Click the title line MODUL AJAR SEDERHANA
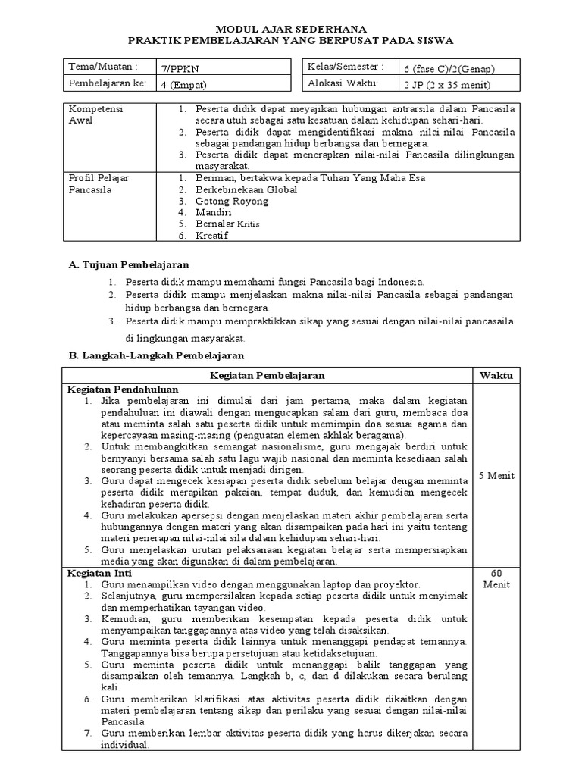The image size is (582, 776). (290, 23)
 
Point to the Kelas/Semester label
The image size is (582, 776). (340, 67)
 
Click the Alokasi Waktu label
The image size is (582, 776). (342, 83)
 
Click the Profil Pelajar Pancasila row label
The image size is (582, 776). (99, 183)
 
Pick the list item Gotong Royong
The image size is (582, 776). (231, 202)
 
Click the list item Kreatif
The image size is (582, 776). (213, 236)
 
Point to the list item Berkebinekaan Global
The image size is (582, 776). (246, 189)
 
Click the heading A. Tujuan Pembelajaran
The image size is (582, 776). (128, 265)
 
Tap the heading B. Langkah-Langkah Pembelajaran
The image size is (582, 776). (156, 355)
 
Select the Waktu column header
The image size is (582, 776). (495, 375)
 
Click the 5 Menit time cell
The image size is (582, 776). (497, 476)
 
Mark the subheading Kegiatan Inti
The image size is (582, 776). (96, 574)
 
